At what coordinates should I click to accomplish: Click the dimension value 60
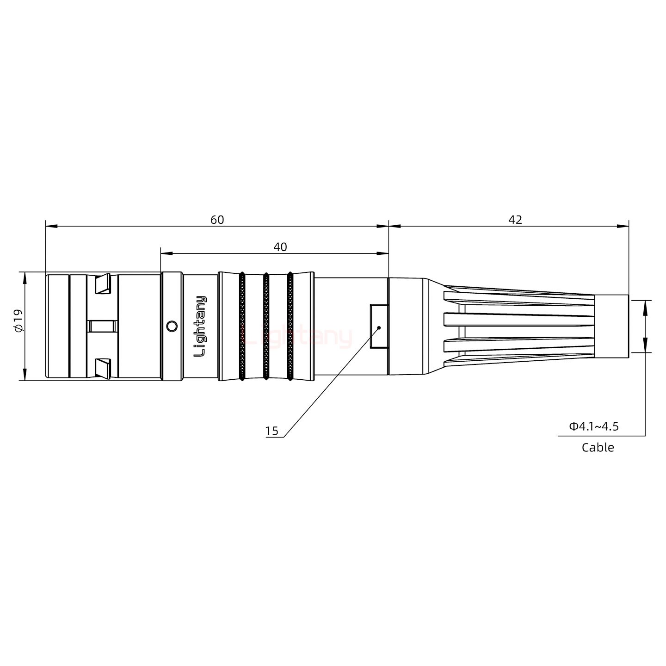(x=217, y=220)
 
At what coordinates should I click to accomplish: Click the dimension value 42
(x=515, y=220)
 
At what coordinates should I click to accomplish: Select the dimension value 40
(x=280, y=247)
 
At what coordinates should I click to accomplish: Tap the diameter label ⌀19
(x=18, y=321)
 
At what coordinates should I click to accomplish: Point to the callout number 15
(x=272, y=431)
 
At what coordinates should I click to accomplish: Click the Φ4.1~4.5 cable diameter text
(x=593, y=426)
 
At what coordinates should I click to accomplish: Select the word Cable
(x=598, y=447)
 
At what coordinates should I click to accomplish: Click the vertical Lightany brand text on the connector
(x=200, y=326)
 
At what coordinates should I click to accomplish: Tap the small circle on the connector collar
(x=171, y=326)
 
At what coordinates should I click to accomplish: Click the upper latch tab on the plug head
(x=103, y=284)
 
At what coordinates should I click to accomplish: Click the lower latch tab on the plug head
(x=103, y=368)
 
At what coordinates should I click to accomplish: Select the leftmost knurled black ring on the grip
(x=242, y=326)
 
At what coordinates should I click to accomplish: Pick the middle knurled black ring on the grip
(x=266, y=326)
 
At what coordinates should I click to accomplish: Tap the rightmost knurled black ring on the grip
(x=290, y=326)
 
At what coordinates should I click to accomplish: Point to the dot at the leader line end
(x=379, y=327)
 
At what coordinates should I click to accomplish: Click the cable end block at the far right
(x=611, y=326)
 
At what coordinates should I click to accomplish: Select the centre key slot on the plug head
(x=102, y=326)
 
